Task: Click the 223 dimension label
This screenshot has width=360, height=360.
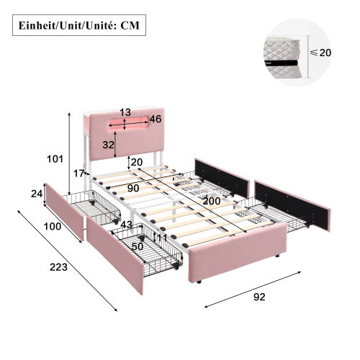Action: click(x=58, y=267)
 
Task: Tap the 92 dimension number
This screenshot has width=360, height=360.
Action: click(x=259, y=297)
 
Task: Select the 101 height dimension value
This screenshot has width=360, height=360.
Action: click(x=55, y=159)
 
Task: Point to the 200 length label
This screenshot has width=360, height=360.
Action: click(x=212, y=201)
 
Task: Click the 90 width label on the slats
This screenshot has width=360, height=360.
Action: click(x=133, y=188)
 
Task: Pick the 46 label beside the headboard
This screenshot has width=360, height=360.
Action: click(x=156, y=119)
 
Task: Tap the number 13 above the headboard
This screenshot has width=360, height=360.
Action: click(x=125, y=112)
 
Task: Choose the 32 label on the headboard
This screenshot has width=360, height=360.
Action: click(x=108, y=145)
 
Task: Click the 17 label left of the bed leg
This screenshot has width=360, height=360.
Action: click(x=78, y=174)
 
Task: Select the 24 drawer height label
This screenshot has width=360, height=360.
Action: click(x=37, y=194)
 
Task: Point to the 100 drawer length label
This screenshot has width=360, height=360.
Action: click(x=53, y=226)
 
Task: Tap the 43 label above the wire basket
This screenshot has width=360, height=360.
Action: click(x=126, y=225)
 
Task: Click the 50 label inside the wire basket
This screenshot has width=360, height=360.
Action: click(x=138, y=246)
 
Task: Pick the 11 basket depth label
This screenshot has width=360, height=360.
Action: click(x=162, y=238)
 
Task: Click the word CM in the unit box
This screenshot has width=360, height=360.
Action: click(x=130, y=25)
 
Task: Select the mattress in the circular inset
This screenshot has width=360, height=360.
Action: click(x=282, y=57)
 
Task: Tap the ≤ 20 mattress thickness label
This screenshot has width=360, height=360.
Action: click(x=321, y=53)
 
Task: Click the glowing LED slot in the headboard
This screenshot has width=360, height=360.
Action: click(x=128, y=125)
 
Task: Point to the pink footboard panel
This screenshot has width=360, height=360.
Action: click(x=238, y=253)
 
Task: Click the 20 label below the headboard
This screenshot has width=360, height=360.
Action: click(x=137, y=162)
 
